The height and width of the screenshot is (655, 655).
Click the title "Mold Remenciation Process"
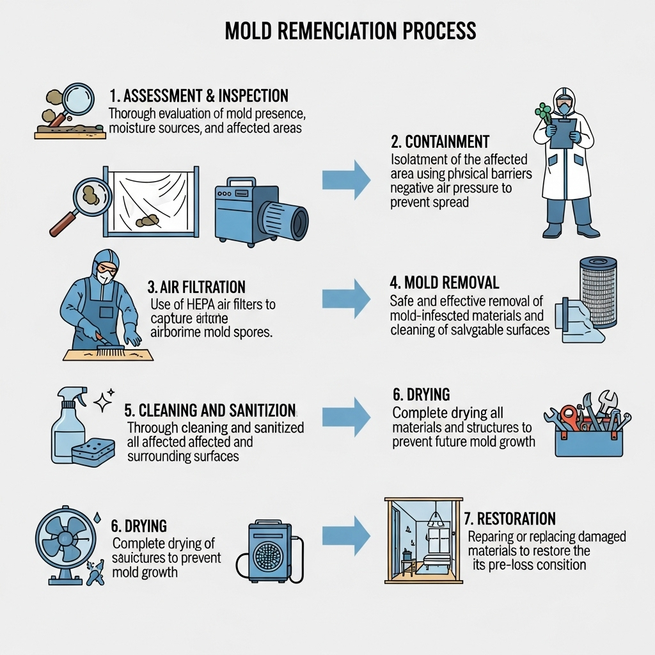pyautogui.click(x=350, y=31)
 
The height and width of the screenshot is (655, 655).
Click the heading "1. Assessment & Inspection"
pyautogui.click(x=198, y=97)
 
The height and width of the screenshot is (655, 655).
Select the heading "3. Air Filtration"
pyautogui.click(x=196, y=287)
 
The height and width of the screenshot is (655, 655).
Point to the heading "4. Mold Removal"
pyautogui.click(x=444, y=283)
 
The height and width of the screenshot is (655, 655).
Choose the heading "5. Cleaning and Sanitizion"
pyautogui.click(x=209, y=410)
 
